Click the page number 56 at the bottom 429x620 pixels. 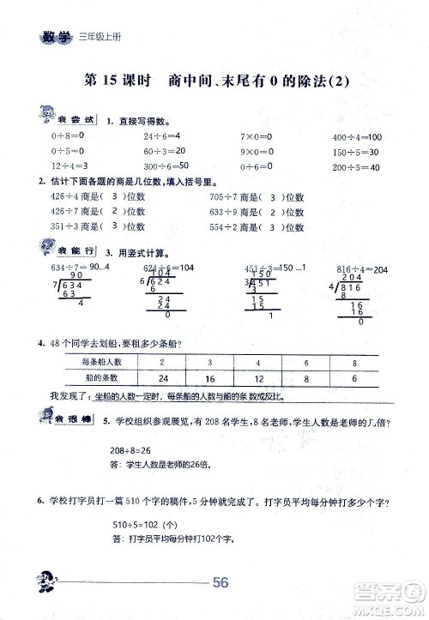220,583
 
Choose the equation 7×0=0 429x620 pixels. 256,137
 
